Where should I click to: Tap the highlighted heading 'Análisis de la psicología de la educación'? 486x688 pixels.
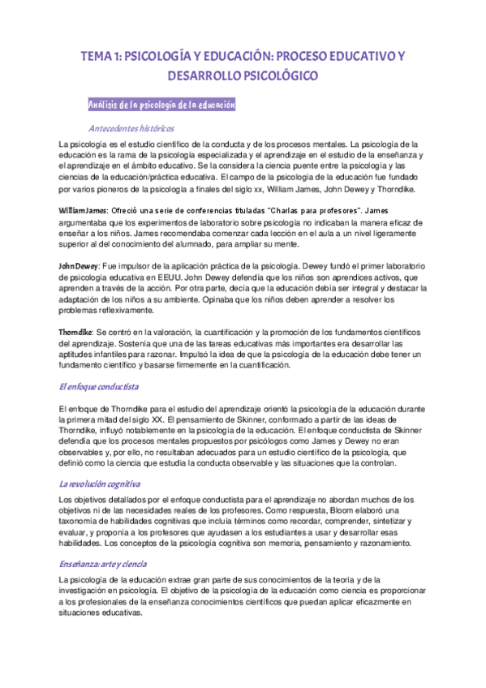click(x=161, y=105)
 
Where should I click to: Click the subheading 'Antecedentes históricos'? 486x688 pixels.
click(x=131, y=128)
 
